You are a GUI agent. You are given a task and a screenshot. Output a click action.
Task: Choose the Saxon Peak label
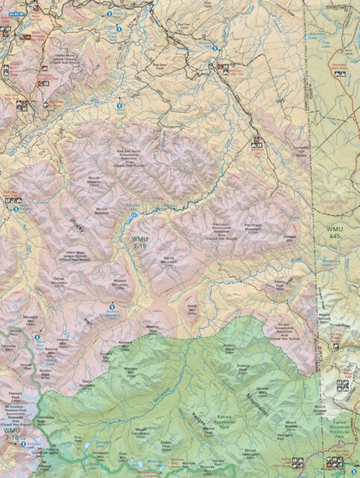278,285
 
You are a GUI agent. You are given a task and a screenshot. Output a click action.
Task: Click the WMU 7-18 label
11,433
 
